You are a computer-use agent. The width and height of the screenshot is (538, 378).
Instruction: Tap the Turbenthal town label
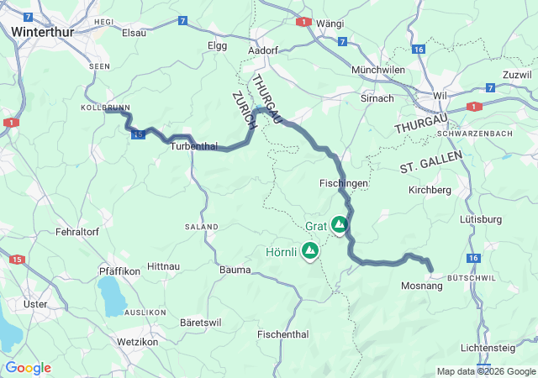[x=193, y=146]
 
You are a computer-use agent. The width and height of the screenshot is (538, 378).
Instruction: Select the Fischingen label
[x=344, y=182]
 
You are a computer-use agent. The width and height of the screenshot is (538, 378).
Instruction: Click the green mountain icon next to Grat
[x=339, y=224]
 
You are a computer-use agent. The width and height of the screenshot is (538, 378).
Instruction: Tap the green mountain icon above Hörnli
[x=310, y=249]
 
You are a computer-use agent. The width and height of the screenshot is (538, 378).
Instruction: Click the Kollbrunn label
[x=103, y=108]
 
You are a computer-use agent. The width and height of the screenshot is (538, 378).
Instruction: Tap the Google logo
[x=28, y=368]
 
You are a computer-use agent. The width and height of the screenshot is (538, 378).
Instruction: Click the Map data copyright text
[x=485, y=371]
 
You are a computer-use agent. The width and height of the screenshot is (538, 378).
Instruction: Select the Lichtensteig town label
[x=497, y=348]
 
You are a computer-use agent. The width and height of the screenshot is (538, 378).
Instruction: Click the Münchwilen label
[x=378, y=70]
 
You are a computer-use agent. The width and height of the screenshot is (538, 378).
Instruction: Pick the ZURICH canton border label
[x=243, y=109]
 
